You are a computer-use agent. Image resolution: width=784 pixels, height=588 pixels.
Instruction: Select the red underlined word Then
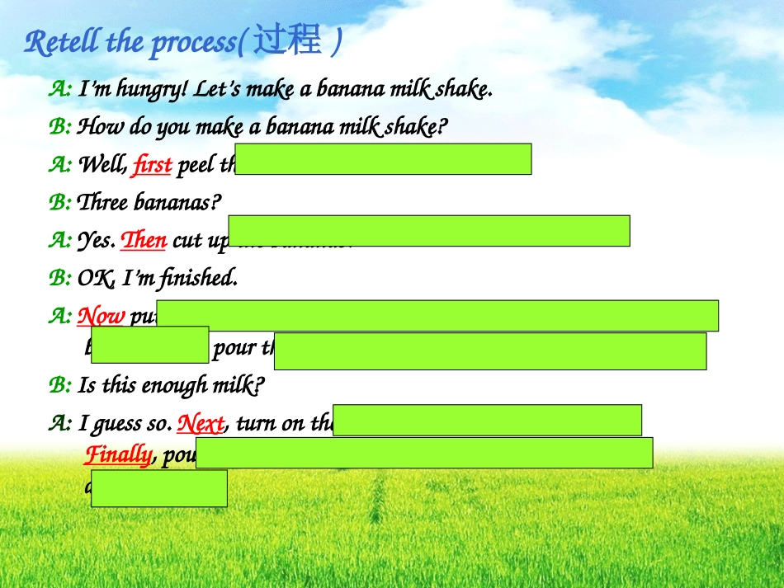[144, 240]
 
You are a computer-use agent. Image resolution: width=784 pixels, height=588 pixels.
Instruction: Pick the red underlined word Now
[101, 317]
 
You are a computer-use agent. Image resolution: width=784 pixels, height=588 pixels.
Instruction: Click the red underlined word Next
[201, 424]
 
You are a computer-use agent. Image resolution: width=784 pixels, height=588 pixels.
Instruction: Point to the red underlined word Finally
[118, 455]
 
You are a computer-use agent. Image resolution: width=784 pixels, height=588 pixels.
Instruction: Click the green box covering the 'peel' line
[385, 159]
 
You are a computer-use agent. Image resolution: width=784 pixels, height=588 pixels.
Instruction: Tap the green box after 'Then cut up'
[429, 231]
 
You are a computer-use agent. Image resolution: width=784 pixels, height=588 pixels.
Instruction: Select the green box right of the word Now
[437, 316]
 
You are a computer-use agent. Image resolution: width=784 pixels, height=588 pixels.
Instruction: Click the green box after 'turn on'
[487, 420]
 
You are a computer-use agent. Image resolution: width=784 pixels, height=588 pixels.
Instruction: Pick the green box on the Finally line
[424, 453]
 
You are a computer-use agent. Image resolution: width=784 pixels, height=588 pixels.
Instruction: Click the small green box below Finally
[158, 488]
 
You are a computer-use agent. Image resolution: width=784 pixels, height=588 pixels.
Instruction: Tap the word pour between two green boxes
[234, 348]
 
